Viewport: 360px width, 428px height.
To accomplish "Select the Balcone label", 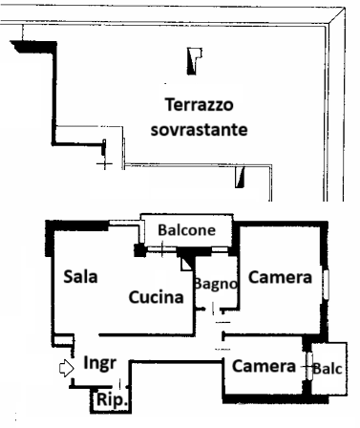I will pos(186,231).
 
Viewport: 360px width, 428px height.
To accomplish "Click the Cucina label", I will pos(156,297).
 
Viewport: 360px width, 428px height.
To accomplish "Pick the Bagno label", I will pos(215,283).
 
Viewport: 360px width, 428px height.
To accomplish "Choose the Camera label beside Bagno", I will pos(281,278).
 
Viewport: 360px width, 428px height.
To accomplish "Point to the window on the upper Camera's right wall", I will pos(325,284).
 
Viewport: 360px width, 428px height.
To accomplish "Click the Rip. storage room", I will pos(108,398).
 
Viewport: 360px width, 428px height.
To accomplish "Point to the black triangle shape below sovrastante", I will pos(243,177).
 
